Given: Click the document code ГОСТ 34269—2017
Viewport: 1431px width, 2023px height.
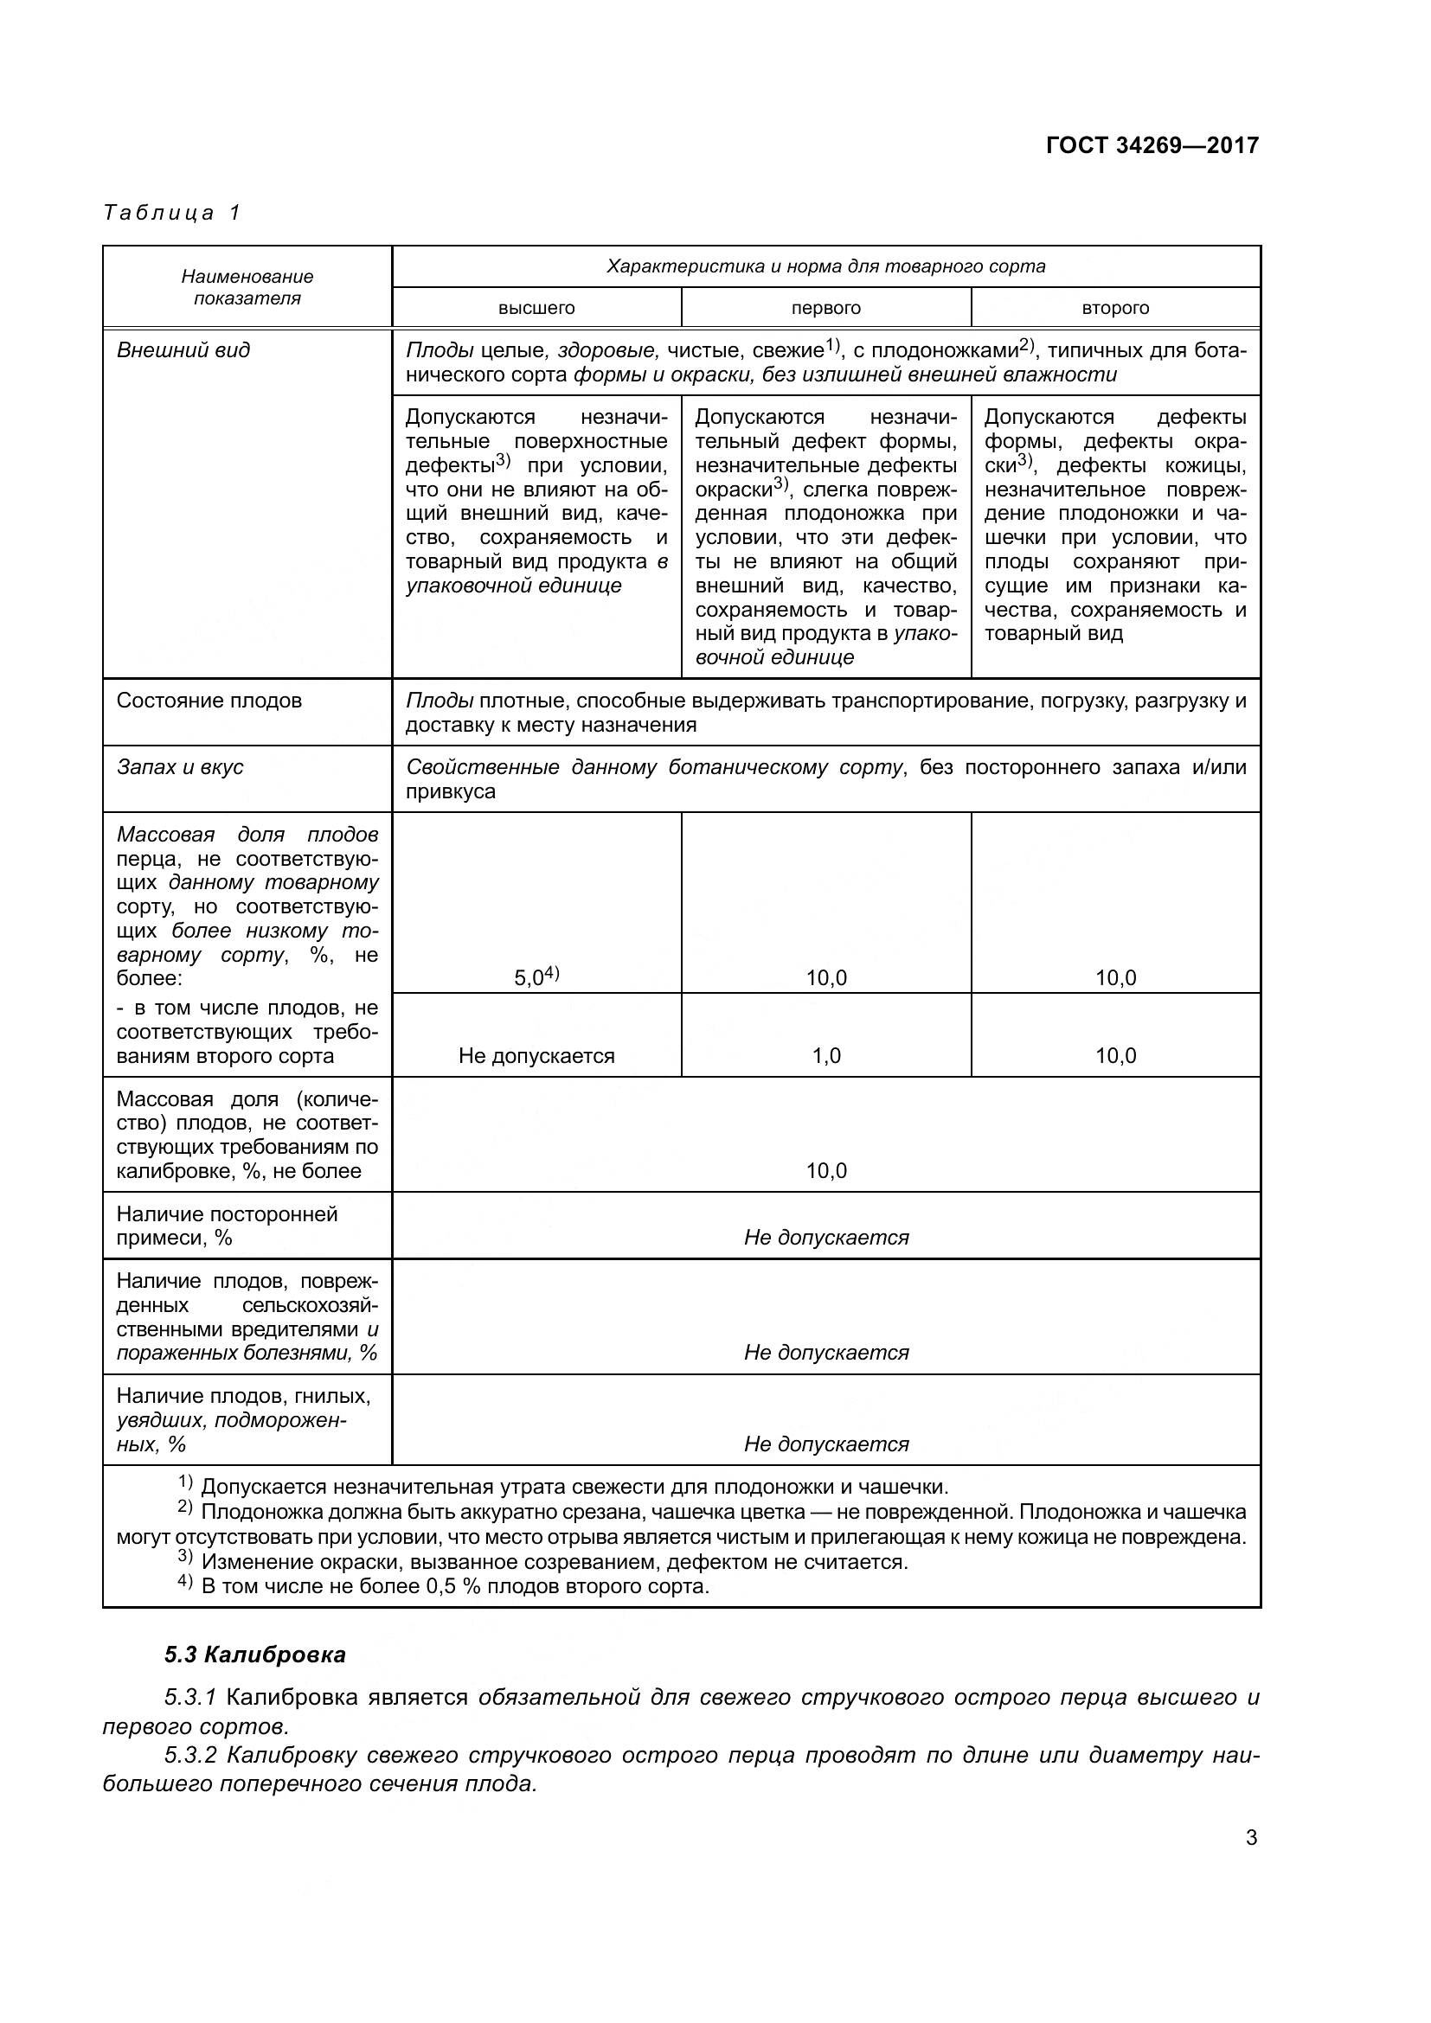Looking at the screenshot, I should pyautogui.click(x=1152, y=145).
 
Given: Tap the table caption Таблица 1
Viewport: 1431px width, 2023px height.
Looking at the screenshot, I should pyautogui.click(x=172, y=213).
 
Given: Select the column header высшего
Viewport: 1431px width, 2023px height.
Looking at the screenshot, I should pyautogui.click(x=536, y=308).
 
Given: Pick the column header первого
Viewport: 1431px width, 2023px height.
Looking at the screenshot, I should pyautogui.click(x=825, y=308).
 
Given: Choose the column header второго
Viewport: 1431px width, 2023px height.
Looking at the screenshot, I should pyautogui.click(x=1114, y=308).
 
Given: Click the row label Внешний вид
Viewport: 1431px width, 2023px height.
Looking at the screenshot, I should pyautogui.click(x=183, y=349).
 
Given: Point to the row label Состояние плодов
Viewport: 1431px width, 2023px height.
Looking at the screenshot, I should pyautogui.click(x=209, y=701).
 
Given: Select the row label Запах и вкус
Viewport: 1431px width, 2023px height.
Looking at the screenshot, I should pyautogui.click(x=180, y=767).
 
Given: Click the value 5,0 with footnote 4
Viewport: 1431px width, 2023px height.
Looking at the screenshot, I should pyautogui.click(x=536, y=976).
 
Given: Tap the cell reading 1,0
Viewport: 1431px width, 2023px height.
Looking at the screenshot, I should pyautogui.click(x=825, y=1055).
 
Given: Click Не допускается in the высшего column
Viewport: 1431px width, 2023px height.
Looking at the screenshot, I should pyautogui.click(x=536, y=1055).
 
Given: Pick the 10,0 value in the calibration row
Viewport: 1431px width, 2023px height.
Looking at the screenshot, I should pyautogui.click(x=825, y=1171).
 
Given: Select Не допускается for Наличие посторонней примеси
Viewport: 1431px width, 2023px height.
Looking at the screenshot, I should pyautogui.click(x=825, y=1237).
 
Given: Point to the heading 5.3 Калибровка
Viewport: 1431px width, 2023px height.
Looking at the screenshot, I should pyautogui.click(x=254, y=1655).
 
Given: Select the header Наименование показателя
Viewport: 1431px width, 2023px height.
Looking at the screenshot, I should pyautogui.click(x=247, y=287).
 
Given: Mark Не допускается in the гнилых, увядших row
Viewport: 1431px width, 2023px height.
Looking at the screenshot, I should pyautogui.click(x=825, y=1444).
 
